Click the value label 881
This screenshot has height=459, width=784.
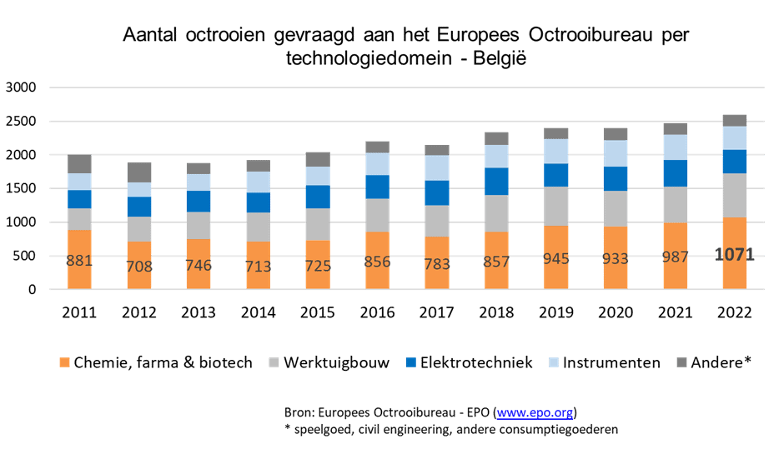pos(79,260)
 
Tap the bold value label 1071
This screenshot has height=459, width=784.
pos(735,255)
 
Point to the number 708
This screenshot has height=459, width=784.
pos(139,266)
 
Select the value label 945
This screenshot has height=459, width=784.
pos(556,258)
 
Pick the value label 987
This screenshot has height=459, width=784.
pos(676,257)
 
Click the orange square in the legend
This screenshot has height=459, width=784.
pos(64,362)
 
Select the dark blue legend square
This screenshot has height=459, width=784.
pos(410,362)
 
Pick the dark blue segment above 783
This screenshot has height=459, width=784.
pos(437,192)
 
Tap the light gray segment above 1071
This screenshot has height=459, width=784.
pos(735,195)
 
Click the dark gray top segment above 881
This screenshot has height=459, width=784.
pos(79,163)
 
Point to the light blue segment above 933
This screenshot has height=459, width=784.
pos(616,153)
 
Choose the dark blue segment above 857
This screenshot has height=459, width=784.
pos(496,181)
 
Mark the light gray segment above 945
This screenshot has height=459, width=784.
pos(556,206)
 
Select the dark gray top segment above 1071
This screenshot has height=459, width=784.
pos(735,120)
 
